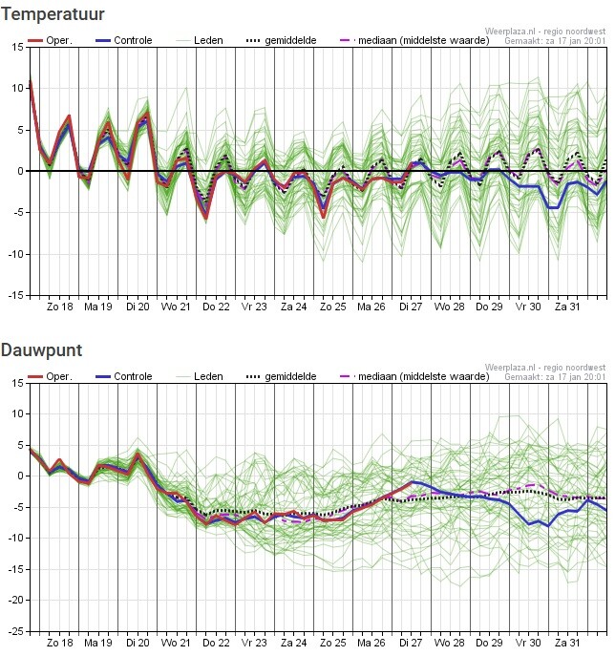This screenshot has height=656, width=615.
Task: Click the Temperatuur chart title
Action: pyautogui.click(x=53, y=14)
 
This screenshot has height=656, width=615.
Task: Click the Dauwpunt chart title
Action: pyautogui.click(x=41, y=350)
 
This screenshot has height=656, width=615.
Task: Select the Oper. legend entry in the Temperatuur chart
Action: pyautogui.click(x=51, y=40)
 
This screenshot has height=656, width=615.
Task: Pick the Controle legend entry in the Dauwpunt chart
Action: pyautogui.click(x=124, y=376)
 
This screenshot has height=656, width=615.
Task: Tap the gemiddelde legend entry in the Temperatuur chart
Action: pyautogui.click(x=281, y=40)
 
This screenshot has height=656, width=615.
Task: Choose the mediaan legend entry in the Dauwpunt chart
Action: pyautogui.click(x=414, y=376)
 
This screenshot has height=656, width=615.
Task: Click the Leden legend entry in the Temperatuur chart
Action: pyautogui.click(x=200, y=40)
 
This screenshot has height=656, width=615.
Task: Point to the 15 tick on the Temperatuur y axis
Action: pyautogui.click(x=17, y=48)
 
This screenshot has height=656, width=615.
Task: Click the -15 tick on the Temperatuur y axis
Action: pyautogui.click(x=16, y=295)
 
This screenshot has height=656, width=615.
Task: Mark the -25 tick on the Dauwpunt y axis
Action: pyautogui.click(x=16, y=631)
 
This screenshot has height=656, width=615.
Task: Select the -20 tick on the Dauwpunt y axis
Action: pyautogui.click(x=16, y=600)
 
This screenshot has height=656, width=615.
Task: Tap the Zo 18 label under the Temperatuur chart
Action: pyautogui.click(x=60, y=307)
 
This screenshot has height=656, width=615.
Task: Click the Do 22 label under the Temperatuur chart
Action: pyautogui.click(x=216, y=307)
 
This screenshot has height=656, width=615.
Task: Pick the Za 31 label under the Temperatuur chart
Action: pyautogui.click(x=567, y=307)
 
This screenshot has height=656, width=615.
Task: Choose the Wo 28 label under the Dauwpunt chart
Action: pyautogui.click(x=450, y=643)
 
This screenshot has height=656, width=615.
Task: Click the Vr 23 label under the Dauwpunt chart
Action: pyautogui.click(x=254, y=643)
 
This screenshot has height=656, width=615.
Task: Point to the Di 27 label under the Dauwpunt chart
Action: pyautogui.click(x=411, y=643)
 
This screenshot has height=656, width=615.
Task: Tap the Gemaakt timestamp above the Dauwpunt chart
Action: pyautogui.click(x=555, y=377)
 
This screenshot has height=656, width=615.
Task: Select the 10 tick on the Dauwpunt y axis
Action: pyautogui.click(x=17, y=413)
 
